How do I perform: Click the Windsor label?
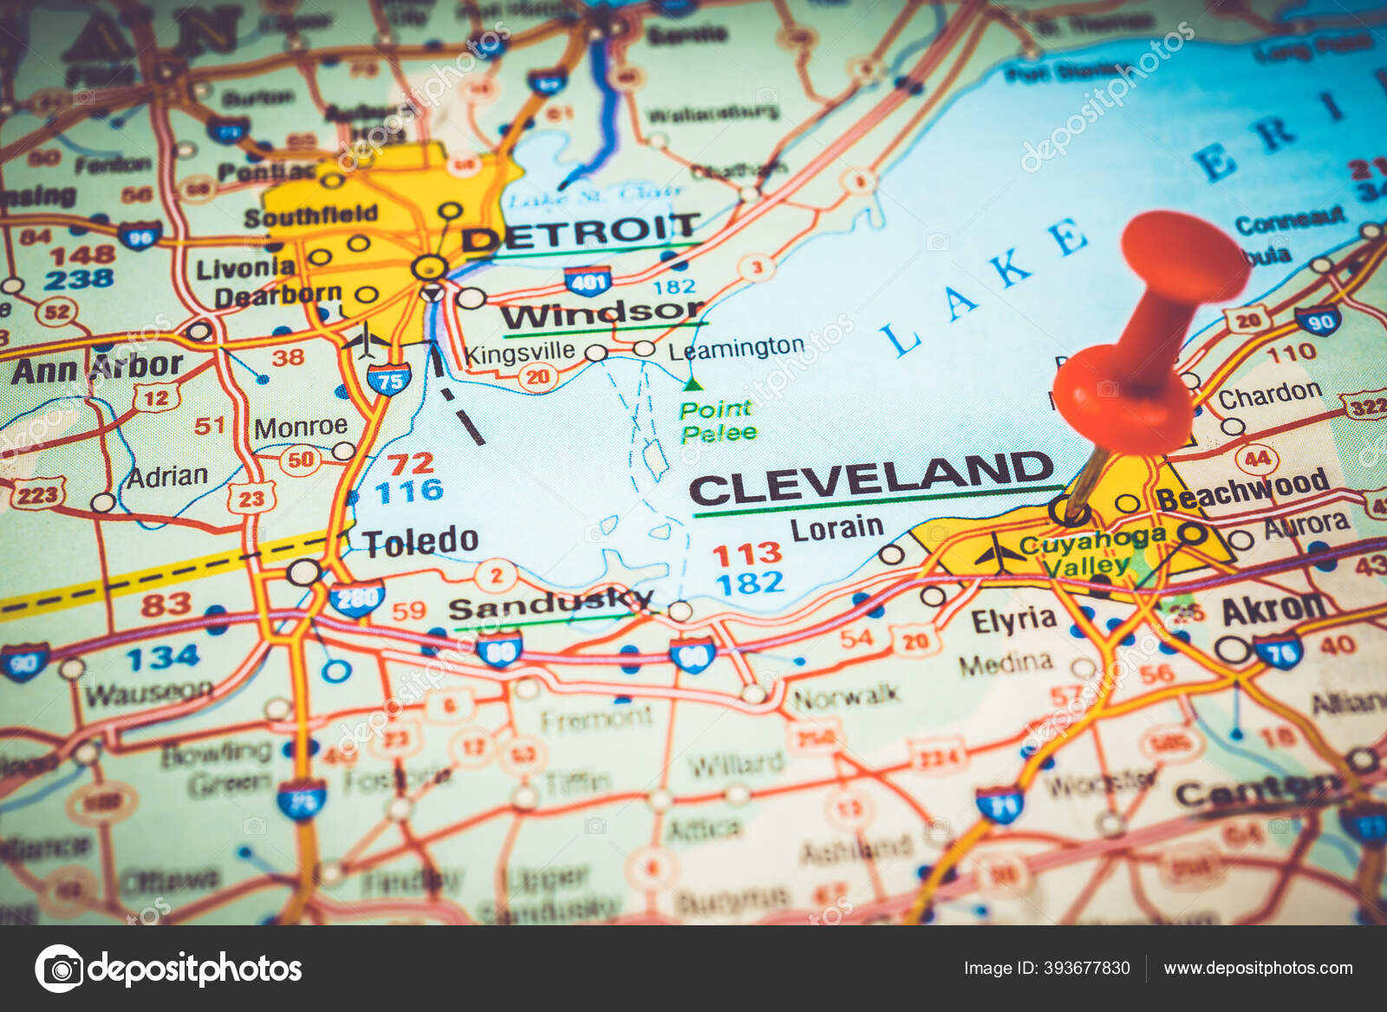602,313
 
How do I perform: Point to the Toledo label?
421,541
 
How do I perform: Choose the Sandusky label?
550,604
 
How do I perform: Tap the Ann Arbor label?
97,368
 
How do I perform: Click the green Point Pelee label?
718,421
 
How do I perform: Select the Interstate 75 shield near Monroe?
388,380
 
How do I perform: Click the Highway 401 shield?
588,281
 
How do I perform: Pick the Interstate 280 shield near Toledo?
357,598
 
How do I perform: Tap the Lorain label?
837,528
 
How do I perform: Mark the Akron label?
1273,609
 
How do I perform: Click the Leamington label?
736,349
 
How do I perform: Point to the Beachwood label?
1242,489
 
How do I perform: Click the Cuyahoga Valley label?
1090,552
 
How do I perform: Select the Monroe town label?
301,427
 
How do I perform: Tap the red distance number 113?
746,553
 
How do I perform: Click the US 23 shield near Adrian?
251,498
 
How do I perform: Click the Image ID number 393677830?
1046,968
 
